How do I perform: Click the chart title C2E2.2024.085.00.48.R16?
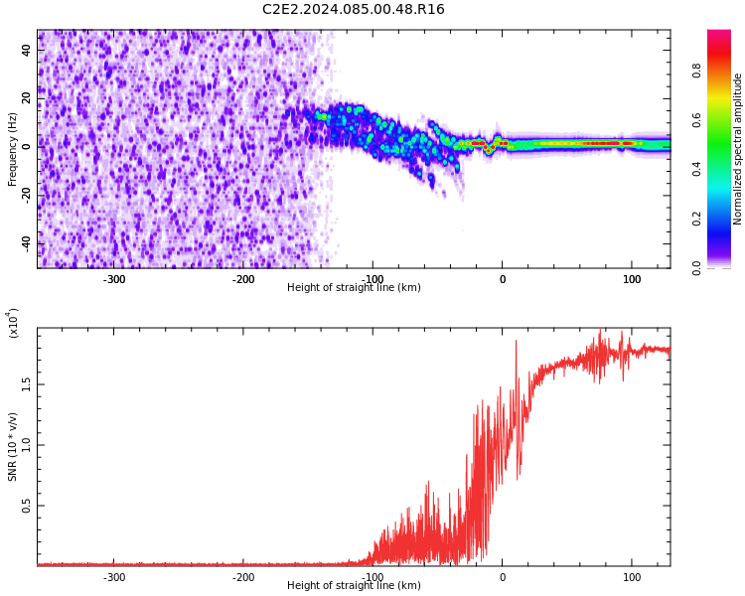tap(354, 10)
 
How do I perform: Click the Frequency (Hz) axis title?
tap(13, 149)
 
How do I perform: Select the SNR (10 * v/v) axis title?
tap(13, 447)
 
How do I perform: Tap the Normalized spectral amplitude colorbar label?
tap(738, 149)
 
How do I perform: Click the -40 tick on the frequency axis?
tap(26, 243)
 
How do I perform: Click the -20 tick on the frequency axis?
tap(26, 195)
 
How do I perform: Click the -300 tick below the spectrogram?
tap(114, 279)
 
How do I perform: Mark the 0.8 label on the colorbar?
tap(697, 71)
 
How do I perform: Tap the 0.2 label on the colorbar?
tap(697, 219)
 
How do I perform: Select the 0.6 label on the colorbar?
tap(697, 120)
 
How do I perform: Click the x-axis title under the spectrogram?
tap(354, 288)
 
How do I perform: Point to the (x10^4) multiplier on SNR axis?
tap(14, 323)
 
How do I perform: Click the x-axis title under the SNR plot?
tap(354, 586)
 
